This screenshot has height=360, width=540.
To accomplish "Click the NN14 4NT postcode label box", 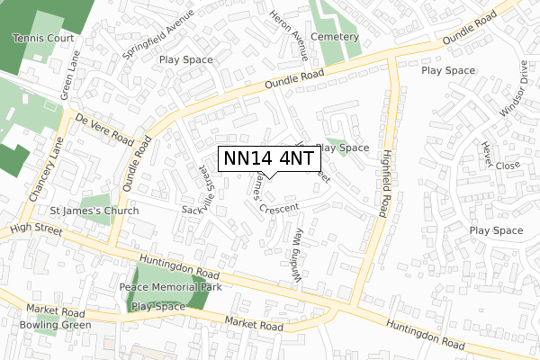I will point(268,157).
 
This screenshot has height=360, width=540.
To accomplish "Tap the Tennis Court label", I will point(44,39).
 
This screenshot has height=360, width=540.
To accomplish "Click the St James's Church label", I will point(94,211).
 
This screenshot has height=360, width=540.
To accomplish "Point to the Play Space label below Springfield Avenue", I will point(185,59).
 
